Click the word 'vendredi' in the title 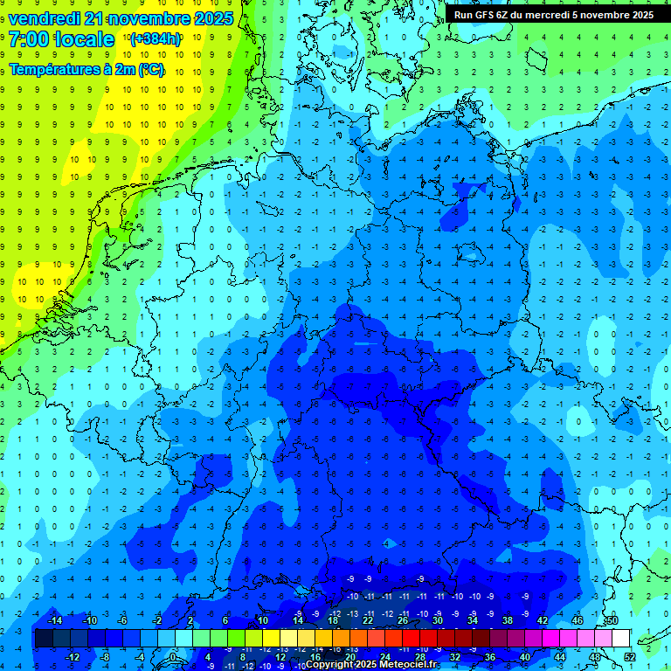(45, 18)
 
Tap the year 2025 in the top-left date (212, 18)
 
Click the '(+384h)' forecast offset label (156, 39)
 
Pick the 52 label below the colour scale (630, 657)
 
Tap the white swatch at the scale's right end (620, 639)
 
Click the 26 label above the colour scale (403, 620)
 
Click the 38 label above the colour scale (508, 620)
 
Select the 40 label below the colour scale (525, 657)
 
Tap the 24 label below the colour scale (385, 657)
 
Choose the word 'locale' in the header (84, 39)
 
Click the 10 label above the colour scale (263, 620)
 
